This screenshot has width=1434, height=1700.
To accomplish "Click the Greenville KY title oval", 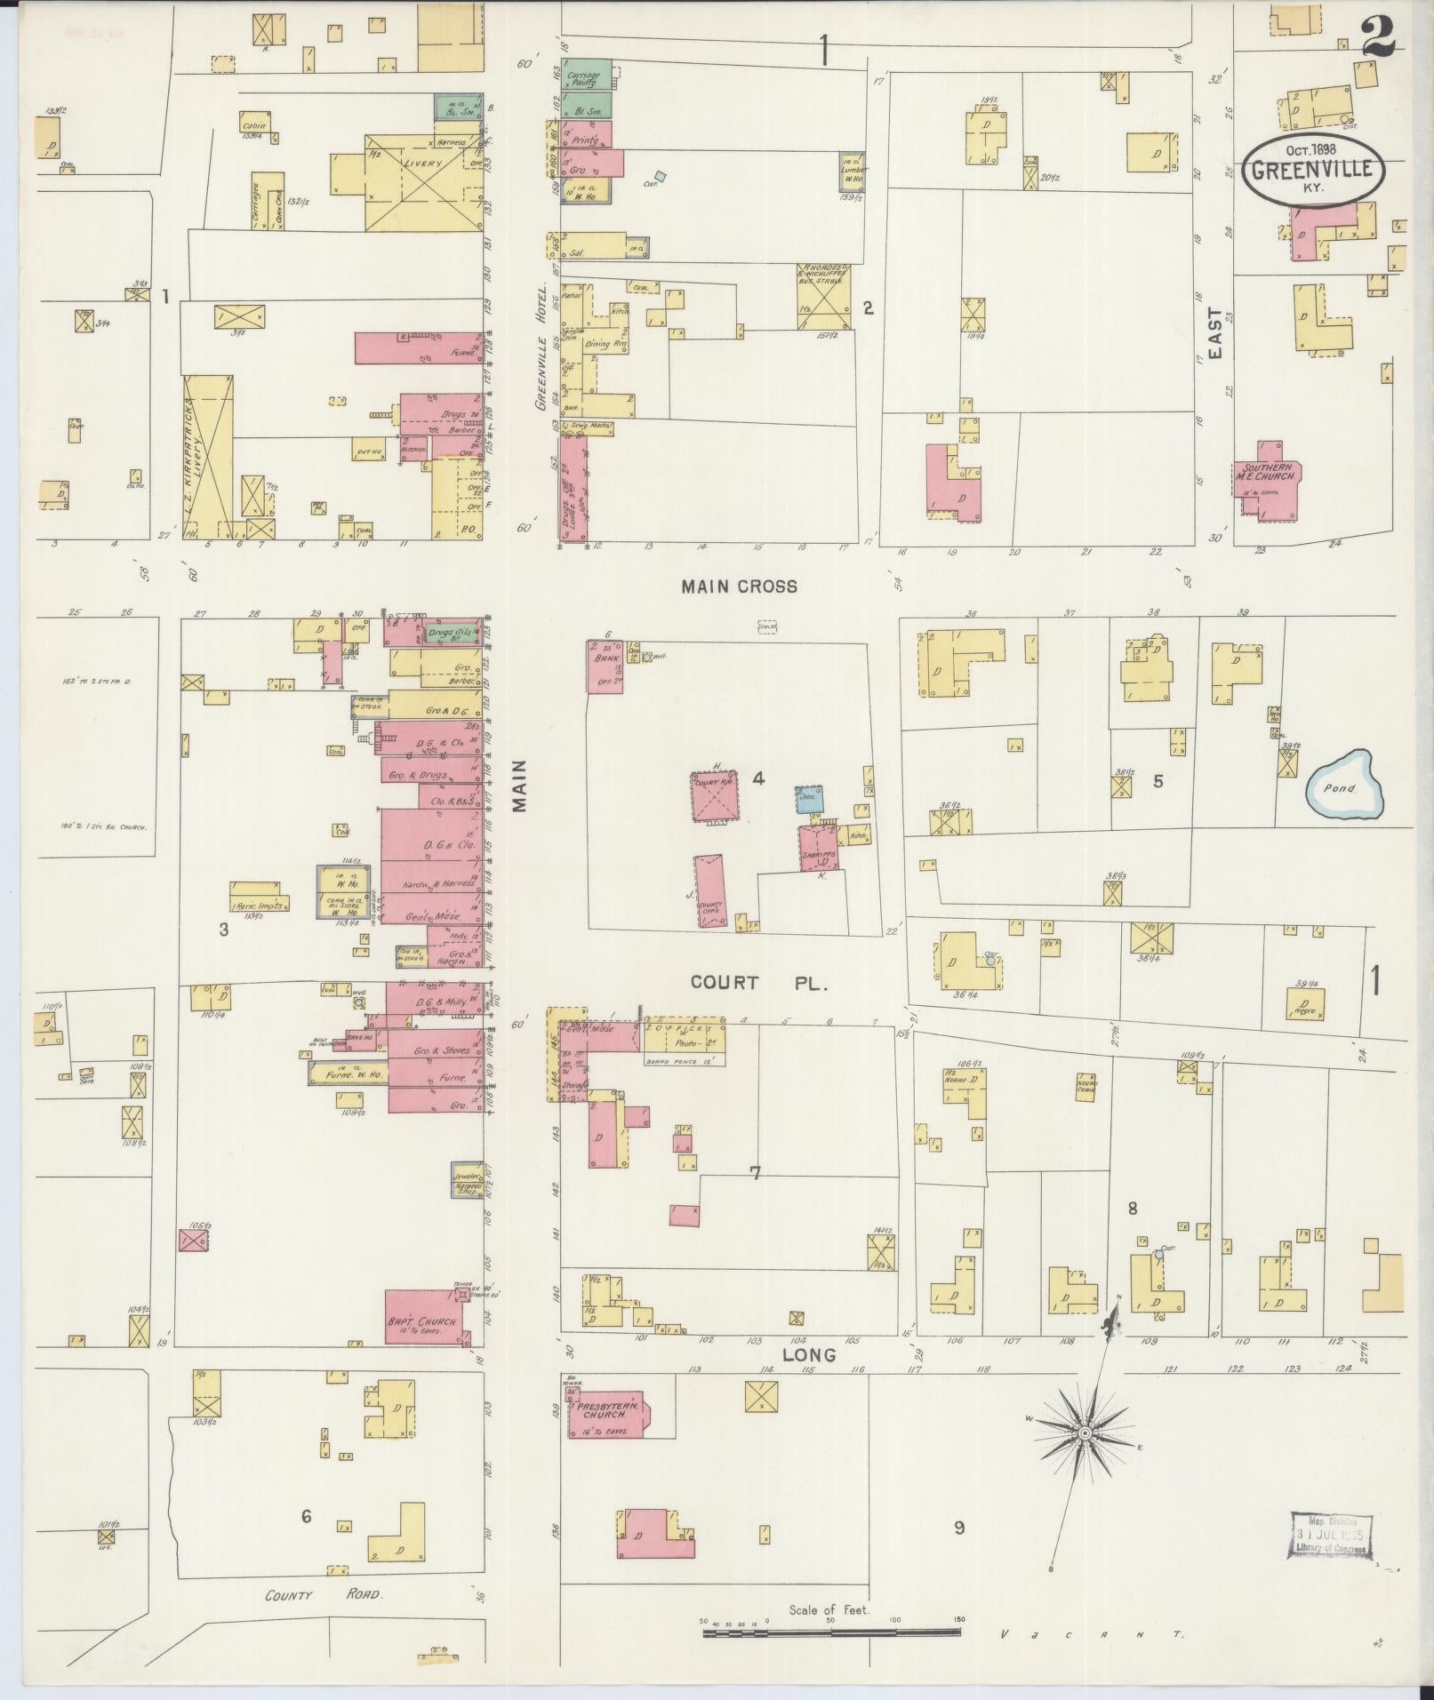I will click(1313, 172).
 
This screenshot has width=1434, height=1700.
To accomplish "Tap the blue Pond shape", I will click(1343, 785).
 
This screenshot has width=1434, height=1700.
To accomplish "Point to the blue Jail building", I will click(809, 799).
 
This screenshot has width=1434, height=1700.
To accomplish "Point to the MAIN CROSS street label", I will click(739, 587).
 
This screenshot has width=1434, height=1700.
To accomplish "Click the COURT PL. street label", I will click(759, 984).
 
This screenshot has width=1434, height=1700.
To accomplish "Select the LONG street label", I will click(809, 1355).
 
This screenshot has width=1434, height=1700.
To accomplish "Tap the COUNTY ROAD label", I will click(324, 1595).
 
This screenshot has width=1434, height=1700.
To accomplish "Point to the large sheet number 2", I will click(1379, 36).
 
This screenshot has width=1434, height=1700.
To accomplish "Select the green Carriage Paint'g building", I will click(586, 77).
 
